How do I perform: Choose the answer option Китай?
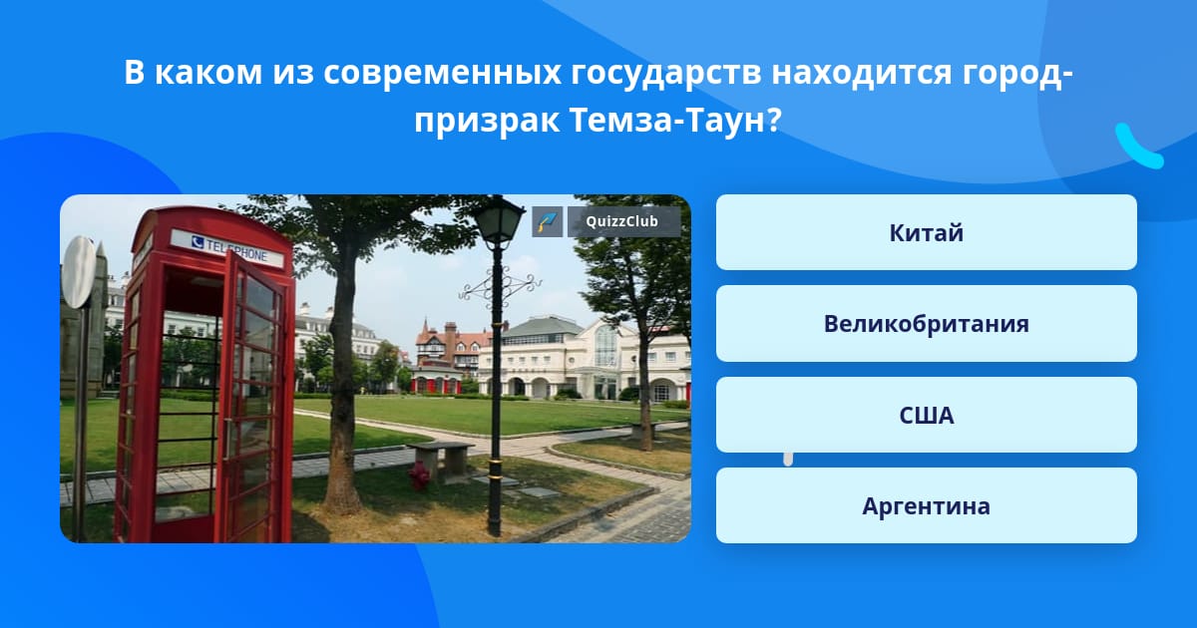(926, 232)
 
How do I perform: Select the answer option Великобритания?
(926, 324)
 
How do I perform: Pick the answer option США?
(926, 415)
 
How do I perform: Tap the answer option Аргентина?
(926, 505)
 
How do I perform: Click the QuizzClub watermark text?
(622, 221)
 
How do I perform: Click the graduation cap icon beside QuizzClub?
(548, 221)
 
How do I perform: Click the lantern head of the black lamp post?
(499, 220)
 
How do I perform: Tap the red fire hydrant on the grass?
(420, 475)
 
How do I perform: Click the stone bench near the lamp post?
(440, 461)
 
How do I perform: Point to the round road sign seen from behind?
(78, 272)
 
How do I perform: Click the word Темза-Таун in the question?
(668, 121)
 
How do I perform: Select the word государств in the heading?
(665, 72)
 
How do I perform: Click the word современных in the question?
(442, 72)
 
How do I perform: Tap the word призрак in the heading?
(487, 122)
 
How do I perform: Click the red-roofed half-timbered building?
(453, 347)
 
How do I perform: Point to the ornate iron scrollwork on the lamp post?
(500, 288)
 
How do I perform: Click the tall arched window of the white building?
(606, 346)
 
